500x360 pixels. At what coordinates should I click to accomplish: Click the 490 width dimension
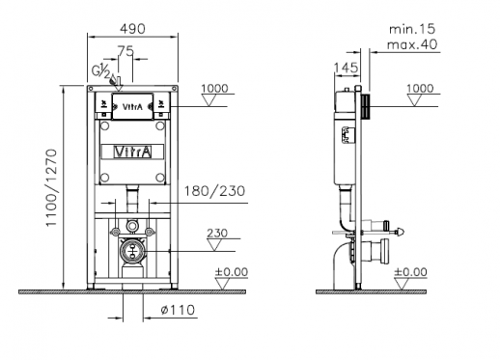tap(132, 29)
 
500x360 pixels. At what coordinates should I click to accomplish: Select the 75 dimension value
tap(125, 51)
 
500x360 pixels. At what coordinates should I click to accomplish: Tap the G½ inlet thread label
tap(100, 70)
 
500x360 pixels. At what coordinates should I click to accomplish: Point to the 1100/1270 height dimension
tap(51, 187)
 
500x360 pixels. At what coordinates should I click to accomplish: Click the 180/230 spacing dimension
tap(214, 191)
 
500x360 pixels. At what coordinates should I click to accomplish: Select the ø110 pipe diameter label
tap(178, 310)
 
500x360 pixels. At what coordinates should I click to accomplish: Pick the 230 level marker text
tap(217, 233)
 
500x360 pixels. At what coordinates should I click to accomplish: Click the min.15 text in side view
tap(412, 29)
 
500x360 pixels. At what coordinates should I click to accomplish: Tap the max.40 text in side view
tap(412, 44)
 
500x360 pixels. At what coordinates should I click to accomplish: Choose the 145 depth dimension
tap(347, 68)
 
